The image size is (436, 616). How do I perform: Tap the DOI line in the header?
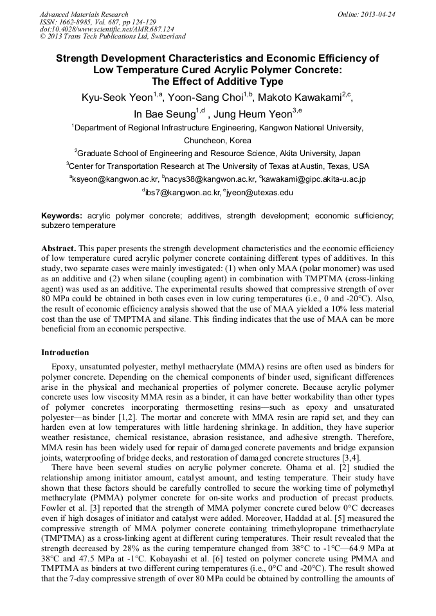(x=107, y=30)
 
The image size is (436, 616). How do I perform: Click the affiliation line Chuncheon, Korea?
(x=217, y=140)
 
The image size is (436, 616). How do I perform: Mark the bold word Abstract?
(x=59, y=248)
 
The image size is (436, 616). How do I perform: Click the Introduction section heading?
(x=65, y=353)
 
